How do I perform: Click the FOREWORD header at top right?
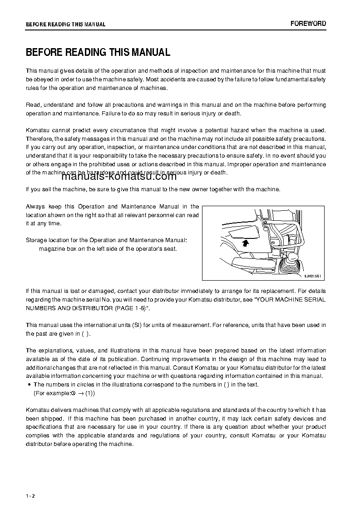point(308,24)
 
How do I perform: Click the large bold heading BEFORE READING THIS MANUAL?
point(98,52)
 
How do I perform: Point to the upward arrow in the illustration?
point(245,243)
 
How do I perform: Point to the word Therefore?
point(39,139)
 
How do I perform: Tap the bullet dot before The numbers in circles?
point(29,385)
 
